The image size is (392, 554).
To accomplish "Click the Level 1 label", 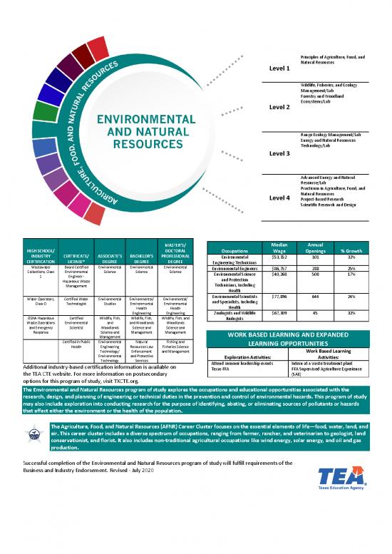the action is coord(279,68).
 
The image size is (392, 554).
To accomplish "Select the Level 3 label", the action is coord(279,153).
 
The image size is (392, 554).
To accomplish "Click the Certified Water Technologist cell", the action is coord(75,302).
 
